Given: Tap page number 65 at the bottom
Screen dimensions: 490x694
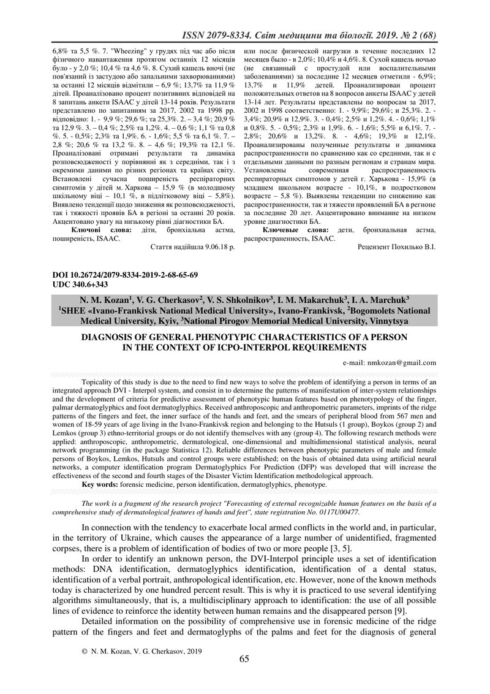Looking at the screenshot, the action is click(x=244, y=659).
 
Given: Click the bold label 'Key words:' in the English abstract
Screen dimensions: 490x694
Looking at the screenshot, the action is click(x=100, y=484).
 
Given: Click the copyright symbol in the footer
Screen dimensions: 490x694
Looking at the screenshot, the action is click(x=85, y=650).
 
